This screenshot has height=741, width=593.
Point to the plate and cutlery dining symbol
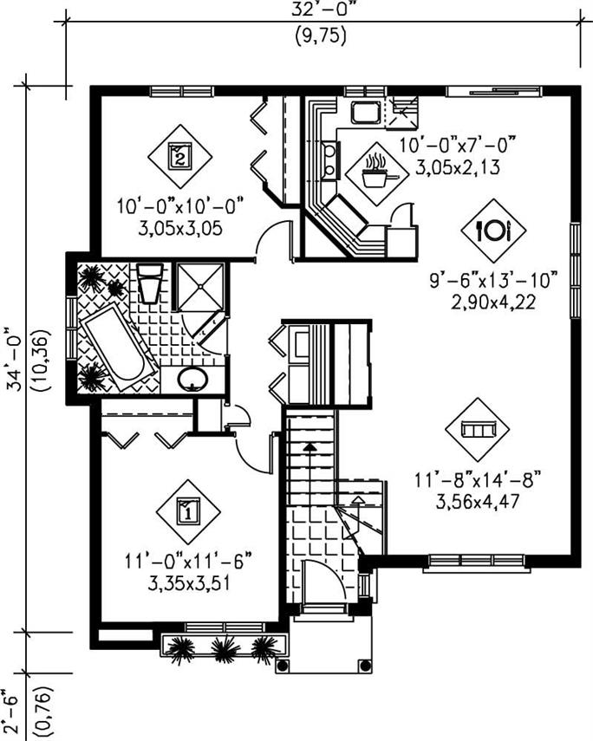[x=493, y=230]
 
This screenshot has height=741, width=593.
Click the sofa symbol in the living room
[x=477, y=430]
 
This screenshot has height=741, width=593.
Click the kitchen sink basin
[x=362, y=112]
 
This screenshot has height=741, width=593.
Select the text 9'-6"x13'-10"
[x=492, y=283]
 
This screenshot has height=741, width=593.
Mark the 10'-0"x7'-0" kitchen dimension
[x=457, y=144]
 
